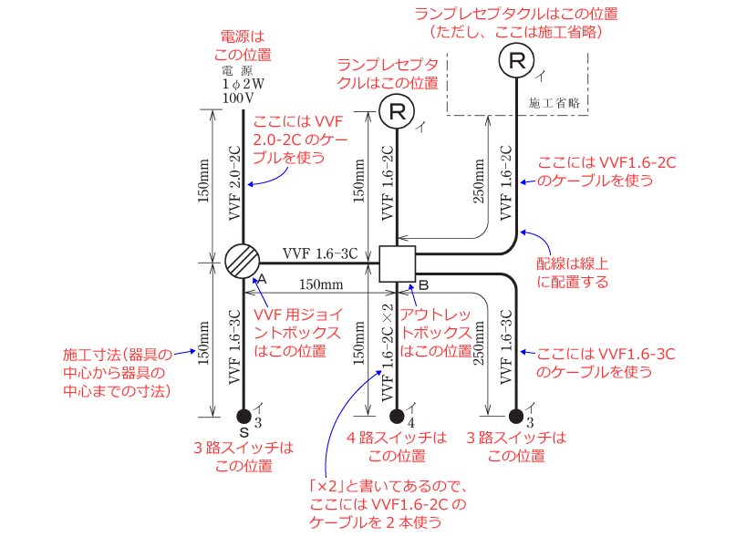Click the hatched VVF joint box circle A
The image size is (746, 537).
click(x=243, y=263)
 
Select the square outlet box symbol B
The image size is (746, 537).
click(x=397, y=263)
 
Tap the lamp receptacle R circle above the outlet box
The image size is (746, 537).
click(x=397, y=112)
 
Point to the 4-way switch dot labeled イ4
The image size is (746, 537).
click(x=397, y=417)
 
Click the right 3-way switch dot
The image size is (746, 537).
click(x=517, y=417)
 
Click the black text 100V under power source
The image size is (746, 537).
click(x=237, y=97)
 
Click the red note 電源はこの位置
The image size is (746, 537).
click(x=236, y=45)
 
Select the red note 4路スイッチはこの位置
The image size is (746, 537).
click(x=397, y=447)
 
